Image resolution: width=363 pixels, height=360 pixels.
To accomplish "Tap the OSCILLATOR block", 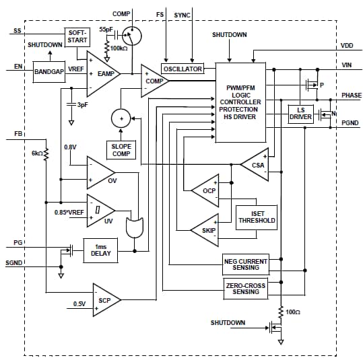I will (x=183, y=69).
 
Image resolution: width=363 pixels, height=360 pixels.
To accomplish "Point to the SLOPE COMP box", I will (x=122, y=149).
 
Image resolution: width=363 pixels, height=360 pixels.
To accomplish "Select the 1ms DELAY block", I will (x=100, y=250).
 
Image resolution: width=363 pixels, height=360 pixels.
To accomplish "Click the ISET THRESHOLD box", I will (x=255, y=216).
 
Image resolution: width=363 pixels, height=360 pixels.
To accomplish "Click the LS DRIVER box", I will (x=300, y=113).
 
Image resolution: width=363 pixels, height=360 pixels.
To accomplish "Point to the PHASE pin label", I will (x=350, y=96).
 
